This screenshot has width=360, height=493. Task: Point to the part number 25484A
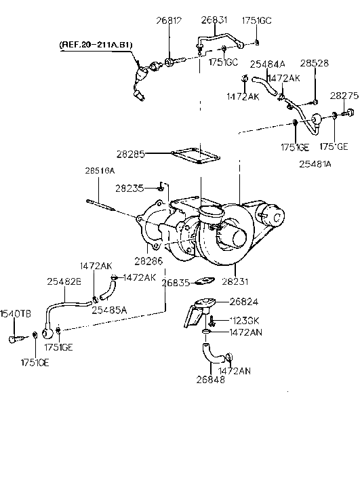click(x=268, y=64)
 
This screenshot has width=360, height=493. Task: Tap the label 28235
click(x=129, y=188)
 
